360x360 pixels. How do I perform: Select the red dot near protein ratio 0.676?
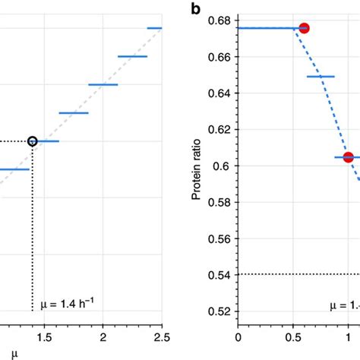pos(305,28)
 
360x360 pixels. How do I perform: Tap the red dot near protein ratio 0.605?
pos(349,157)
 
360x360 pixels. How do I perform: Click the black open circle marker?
pos(32,141)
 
